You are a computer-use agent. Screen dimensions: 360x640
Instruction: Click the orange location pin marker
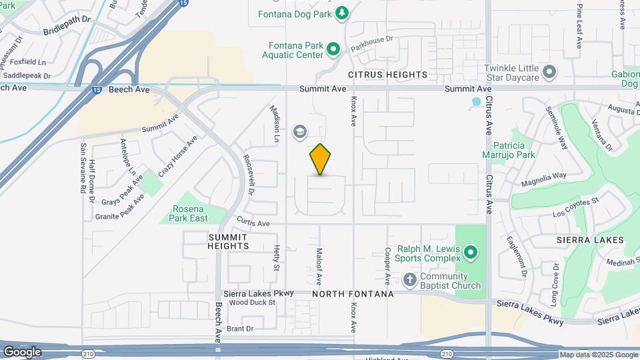click(320, 159)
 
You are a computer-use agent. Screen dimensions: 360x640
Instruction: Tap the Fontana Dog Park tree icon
click(341, 13)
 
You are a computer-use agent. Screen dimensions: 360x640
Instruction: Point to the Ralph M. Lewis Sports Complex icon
click(471, 253)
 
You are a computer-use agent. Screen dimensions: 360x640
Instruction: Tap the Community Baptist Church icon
click(409, 278)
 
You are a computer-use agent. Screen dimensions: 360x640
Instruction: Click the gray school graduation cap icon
click(300, 132)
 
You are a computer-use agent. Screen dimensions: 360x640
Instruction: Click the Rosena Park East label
click(190, 213)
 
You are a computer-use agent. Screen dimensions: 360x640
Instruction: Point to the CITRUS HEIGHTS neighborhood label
click(387, 75)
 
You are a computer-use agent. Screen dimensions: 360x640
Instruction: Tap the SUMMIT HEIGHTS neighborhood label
click(228, 241)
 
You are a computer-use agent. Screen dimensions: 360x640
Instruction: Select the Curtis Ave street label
click(253, 223)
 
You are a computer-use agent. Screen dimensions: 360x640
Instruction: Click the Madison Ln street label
click(275, 125)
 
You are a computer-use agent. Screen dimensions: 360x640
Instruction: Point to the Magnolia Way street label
click(543, 176)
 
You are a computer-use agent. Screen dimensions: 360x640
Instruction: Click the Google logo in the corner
click(22, 352)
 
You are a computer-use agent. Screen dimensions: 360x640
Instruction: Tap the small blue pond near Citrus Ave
click(476, 102)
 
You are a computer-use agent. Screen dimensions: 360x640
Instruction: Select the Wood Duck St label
click(252, 302)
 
